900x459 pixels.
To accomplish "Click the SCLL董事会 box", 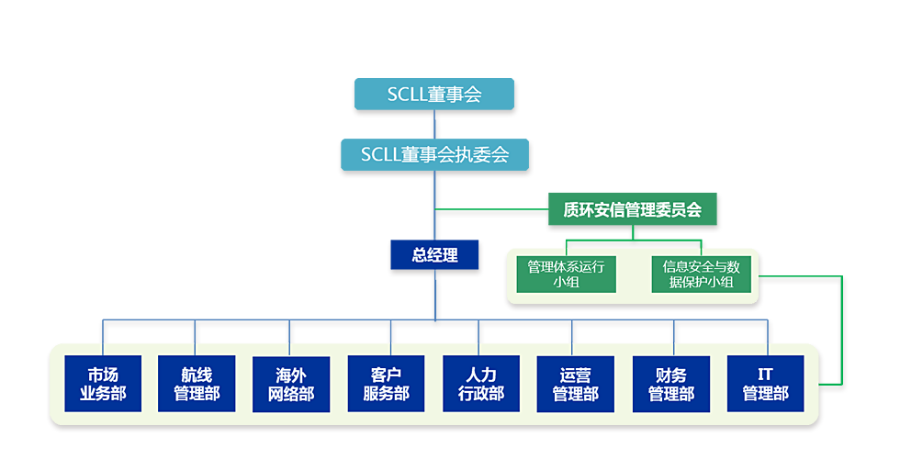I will [x=434, y=95].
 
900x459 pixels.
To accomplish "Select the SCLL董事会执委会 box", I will [x=434, y=153].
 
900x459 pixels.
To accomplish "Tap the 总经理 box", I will [x=435, y=255].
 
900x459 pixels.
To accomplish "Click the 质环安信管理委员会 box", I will [x=632, y=209].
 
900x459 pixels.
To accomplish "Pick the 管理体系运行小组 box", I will [x=566, y=274].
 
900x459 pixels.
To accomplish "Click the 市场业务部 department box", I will [x=103, y=384].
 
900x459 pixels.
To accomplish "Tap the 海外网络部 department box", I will [x=291, y=384].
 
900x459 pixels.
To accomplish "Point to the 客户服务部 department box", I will [x=387, y=384].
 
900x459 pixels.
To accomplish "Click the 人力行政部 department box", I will [x=481, y=384].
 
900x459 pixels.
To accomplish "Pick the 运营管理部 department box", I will [x=575, y=384].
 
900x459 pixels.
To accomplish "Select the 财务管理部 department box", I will [x=670, y=384].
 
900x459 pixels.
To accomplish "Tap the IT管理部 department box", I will [x=765, y=384].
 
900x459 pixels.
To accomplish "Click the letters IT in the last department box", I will [x=765, y=375].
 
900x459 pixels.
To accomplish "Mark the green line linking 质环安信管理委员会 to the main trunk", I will [x=491, y=211].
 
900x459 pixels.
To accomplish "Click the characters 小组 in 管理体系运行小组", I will [x=566, y=282].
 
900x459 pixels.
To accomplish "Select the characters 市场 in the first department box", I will [x=103, y=375].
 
